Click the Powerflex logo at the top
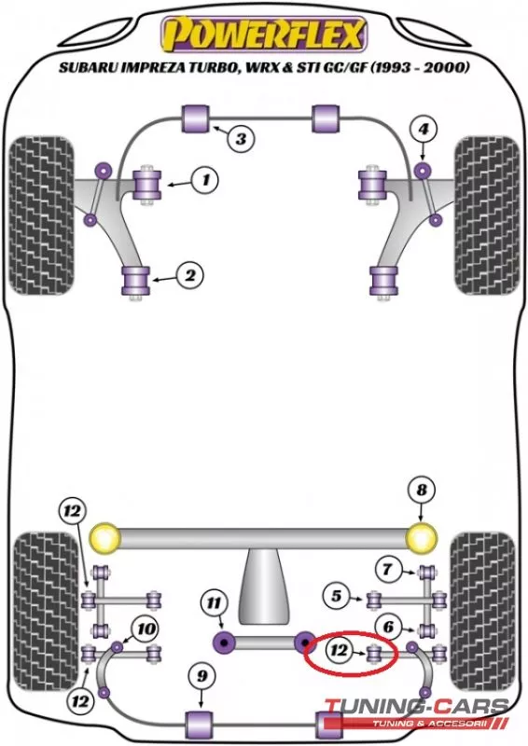click(x=264, y=35)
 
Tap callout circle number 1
click(x=205, y=180)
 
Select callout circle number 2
click(x=190, y=275)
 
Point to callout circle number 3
click(x=241, y=138)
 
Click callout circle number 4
click(x=424, y=129)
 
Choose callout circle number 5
click(x=337, y=596)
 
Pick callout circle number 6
click(x=388, y=627)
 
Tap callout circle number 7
click(x=387, y=569)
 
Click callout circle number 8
click(x=422, y=490)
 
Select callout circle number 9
click(x=201, y=676)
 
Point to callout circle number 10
click(x=146, y=629)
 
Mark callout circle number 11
click(x=214, y=603)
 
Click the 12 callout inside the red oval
click(x=339, y=650)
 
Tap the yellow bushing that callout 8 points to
click(x=422, y=538)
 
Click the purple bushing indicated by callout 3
click(x=197, y=118)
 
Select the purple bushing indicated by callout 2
click(x=136, y=282)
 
